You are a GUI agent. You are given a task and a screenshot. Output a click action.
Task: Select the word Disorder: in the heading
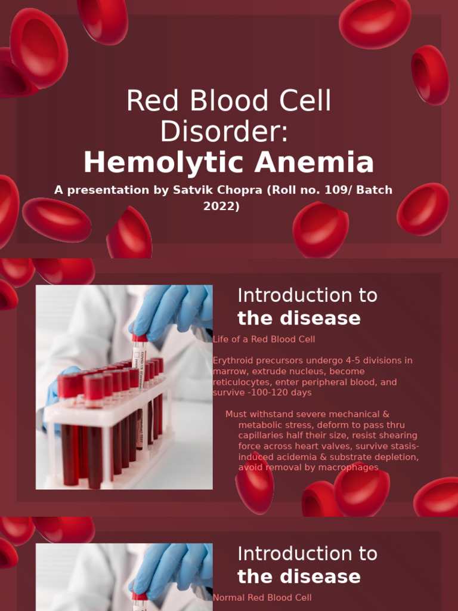pyautogui.click(x=224, y=132)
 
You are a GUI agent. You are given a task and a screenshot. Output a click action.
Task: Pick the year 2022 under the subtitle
pyautogui.click(x=221, y=207)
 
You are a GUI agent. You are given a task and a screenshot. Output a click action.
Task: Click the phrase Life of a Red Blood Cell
pyautogui.click(x=264, y=339)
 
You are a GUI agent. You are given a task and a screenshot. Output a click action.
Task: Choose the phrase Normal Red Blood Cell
pyautogui.click(x=262, y=597)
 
